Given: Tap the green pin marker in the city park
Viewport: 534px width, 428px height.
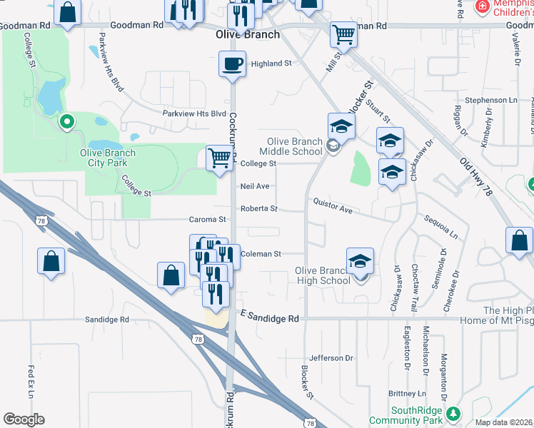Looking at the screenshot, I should tap(67, 123).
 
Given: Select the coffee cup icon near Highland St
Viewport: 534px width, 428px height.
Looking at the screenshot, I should tap(232, 63).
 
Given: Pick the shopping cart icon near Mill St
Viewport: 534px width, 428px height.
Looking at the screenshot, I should tap(343, 34).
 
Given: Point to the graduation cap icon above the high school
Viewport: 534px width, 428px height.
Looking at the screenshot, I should tap(360, 261).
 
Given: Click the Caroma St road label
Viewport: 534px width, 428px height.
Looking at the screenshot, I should tap(207, 220).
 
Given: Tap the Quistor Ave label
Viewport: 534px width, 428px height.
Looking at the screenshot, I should tap(333, 205).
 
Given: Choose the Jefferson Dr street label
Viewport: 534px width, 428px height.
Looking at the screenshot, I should tap(331, 357).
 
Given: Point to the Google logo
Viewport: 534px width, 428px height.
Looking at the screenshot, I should tap(24, 419).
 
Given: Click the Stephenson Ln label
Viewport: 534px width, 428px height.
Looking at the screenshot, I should tap(490, 101).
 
